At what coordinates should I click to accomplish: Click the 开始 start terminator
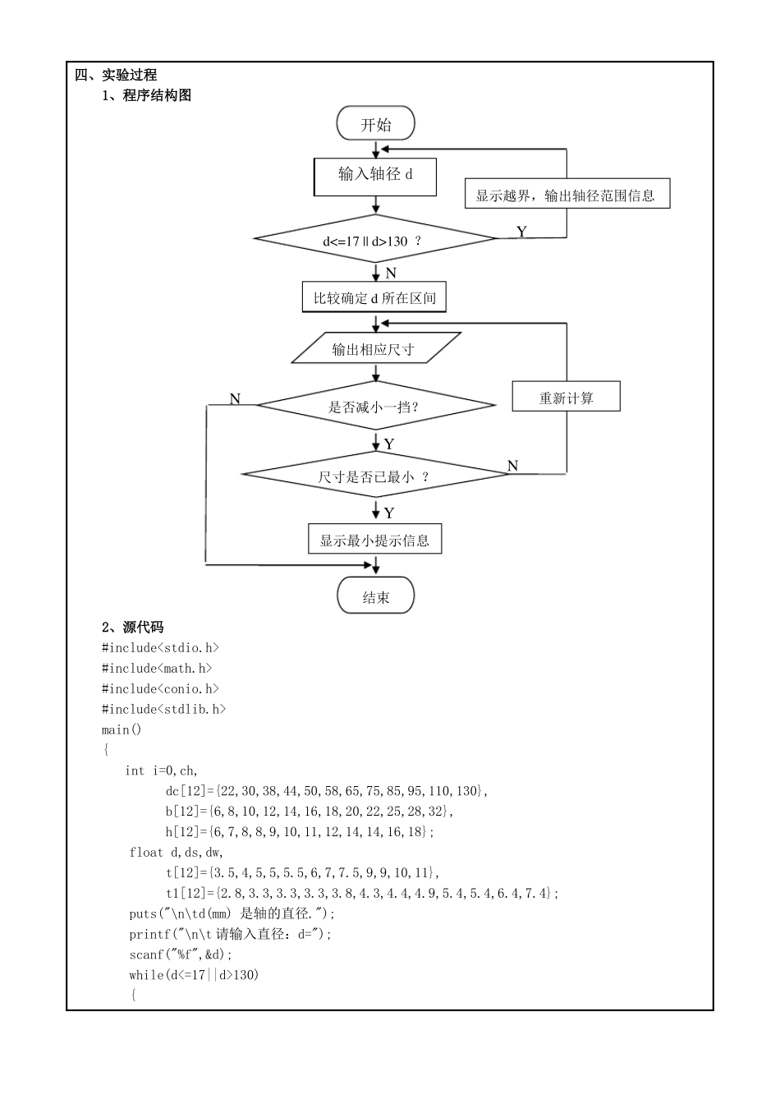pyautogui.click(x=375, y=124)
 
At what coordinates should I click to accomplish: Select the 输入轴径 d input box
pyautogui.click(x=375, y=176)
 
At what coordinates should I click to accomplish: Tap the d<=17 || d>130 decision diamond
pyautogui.click(x=375, y=240)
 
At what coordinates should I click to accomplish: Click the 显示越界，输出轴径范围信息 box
pyautogui.click(x=567, y=195)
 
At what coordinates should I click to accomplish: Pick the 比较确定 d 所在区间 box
pyautogui.click(x=374, y=297)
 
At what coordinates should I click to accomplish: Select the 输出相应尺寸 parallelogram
pyautogui.click(x=374, y=349)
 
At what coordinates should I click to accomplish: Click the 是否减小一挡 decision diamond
pyautogui.click(x=375, y=406)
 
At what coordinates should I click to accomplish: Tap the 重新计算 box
pyautogui.click(x=566, y=398)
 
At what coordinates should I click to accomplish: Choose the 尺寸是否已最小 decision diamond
pyautogui.click(x=375, y=476)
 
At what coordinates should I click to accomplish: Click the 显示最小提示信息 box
pyautogui.click(x=374, y=540)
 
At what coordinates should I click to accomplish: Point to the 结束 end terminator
pyautogui.click(x=375, y=597)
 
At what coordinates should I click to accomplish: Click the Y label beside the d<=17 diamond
pyautogui.click(x=521, y=232)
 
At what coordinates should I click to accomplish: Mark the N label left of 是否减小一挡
pyautogui.click(x=235, y=399)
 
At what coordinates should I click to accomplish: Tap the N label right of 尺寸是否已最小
pyautogui.click(x=513, y=466)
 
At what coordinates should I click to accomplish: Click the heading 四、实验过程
pyautogui.click(x=116, y=75)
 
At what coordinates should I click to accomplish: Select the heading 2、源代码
pyautogui.click(x=132, y=628)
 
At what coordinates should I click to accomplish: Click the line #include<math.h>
pyautogui.click(x=157, y=669)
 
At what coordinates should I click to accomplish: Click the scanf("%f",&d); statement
pyautogui.click(x=181, y=954)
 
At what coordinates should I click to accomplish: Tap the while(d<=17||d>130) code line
pyautogui.click(x=193, y=975)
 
